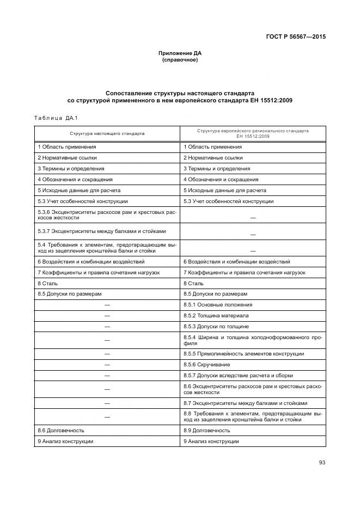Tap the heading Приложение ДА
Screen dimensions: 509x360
[180, 53]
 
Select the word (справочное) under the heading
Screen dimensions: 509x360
[180, 59]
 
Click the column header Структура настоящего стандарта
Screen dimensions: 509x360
[107, 133]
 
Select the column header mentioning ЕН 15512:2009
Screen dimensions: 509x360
[253, 133]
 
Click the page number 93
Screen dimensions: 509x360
[322, 463]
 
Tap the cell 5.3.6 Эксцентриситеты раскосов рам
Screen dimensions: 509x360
[107, 214]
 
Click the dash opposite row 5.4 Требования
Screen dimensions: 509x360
[253, 251]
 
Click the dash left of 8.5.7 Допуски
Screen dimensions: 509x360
[107, 376]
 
